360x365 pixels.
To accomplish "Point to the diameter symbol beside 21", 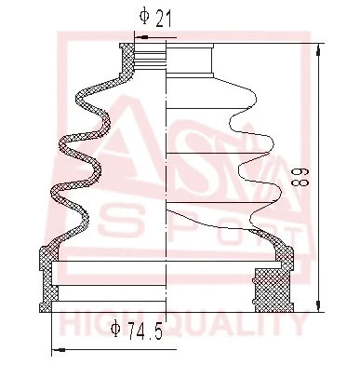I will coord(143,16).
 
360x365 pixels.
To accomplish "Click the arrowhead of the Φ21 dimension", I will coord(140,37).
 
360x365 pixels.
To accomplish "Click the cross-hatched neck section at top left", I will coord(128,60).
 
